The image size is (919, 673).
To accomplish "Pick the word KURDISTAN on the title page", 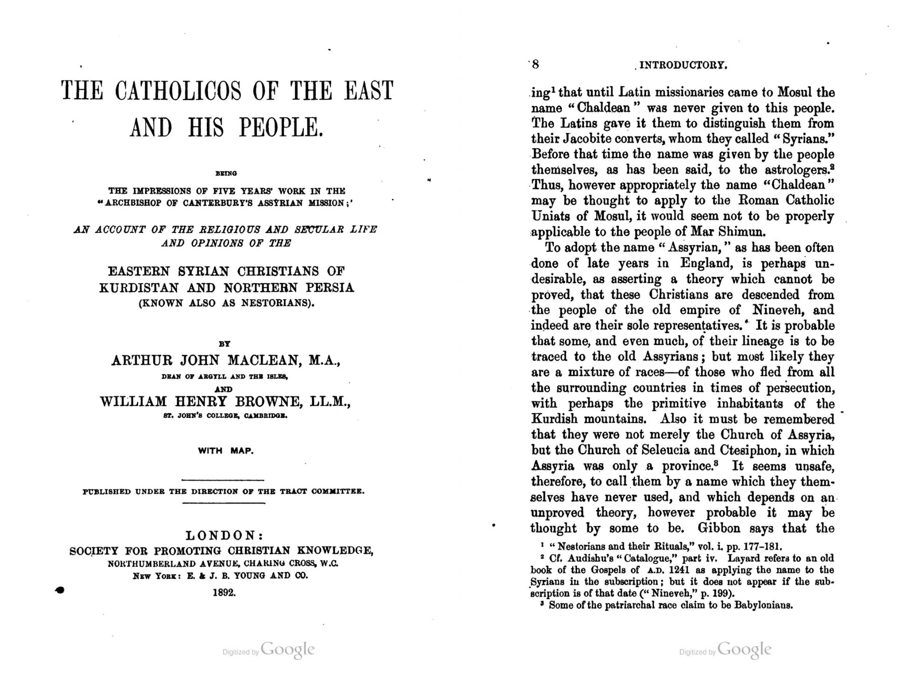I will (x=137, y=287).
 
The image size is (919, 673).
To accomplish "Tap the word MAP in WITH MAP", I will (x=242, y=451).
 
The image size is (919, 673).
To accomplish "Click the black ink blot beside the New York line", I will (x=60, y=590).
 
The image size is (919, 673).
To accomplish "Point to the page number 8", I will (x=535, y=64).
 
